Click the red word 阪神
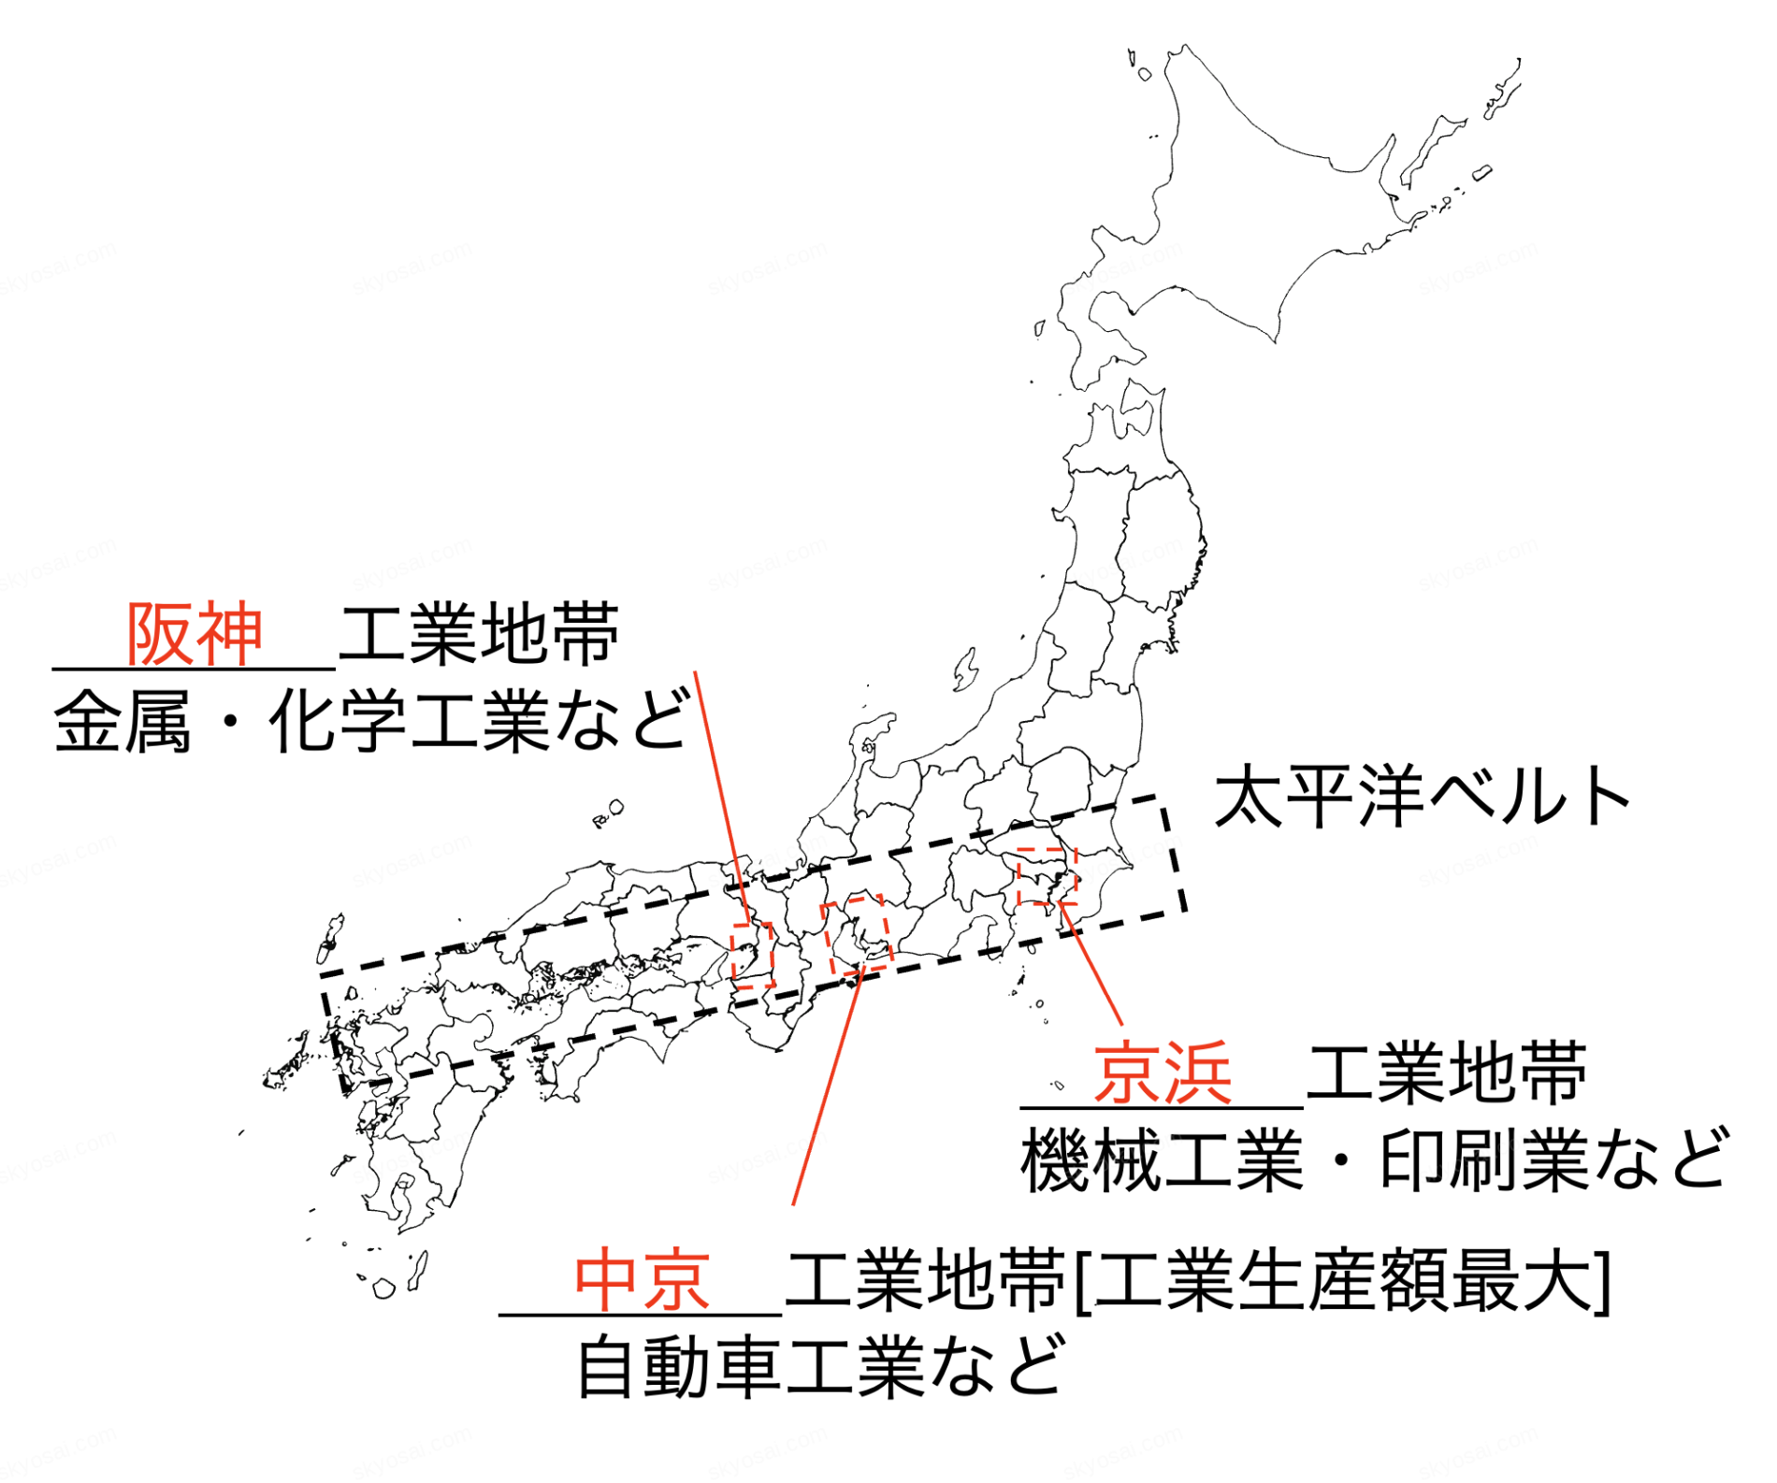tap(195, 635)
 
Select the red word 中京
tap(642, 1280)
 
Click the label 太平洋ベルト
tap(1423, 797)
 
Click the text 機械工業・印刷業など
tap(1375, 1160)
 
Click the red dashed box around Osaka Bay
tap(753, 954)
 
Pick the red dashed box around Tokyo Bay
tap(1047, 876)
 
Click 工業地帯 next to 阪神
tap(479, 635)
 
